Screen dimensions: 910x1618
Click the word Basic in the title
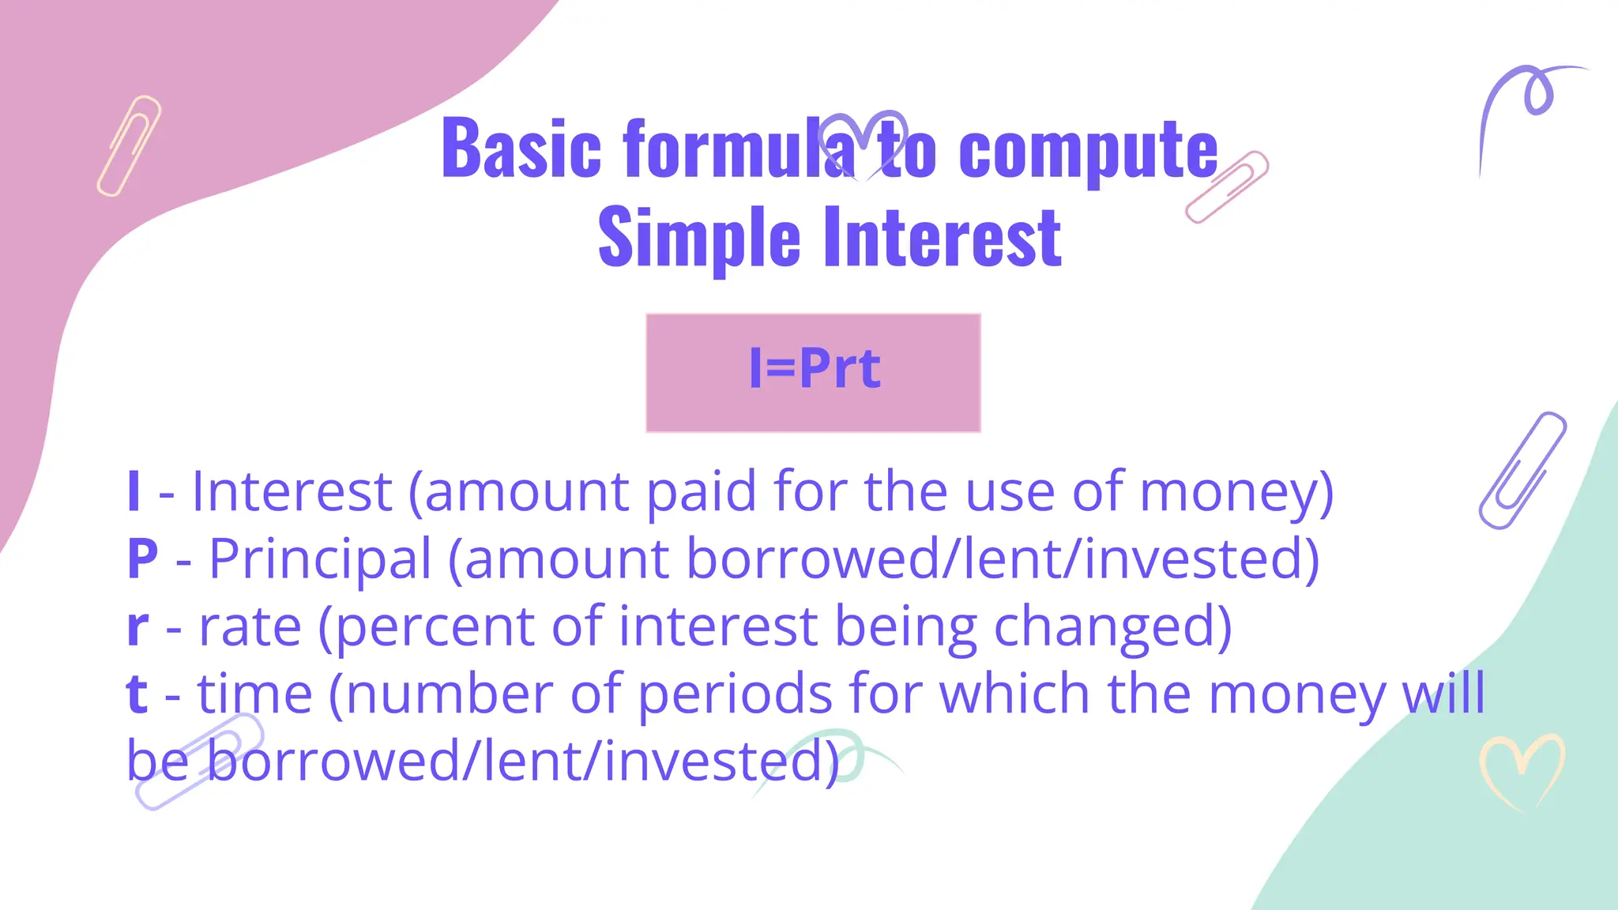pyautogui.click(x=521, y=148)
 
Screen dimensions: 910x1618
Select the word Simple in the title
pyautogui.click(x=699, y=237)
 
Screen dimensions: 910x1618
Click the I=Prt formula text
pyautogui.click(x=814, y=369)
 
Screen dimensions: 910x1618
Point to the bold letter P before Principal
pyautogui.click(x=142, y=558)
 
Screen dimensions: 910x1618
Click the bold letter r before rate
pyautogui.click(x=137, y=626)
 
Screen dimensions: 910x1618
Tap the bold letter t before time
pyautogui.click(x=137, y=694)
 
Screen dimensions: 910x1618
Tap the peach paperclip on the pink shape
pyautogui.click(x=129, y=146)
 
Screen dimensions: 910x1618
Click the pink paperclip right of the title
pyautogui.click(x=1227, y=187)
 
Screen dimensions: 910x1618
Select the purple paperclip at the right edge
pyautogui.click(x=1522, y=470)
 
